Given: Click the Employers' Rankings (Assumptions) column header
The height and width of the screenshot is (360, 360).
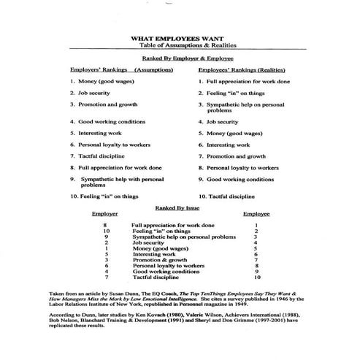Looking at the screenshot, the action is coord(120,70).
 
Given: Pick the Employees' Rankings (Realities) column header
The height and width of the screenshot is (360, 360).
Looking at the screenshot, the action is coord(244,70).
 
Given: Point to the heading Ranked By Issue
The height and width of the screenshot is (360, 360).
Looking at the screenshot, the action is coord(170,208).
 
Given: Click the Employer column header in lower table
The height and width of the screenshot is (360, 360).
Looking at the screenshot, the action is coord(106,215).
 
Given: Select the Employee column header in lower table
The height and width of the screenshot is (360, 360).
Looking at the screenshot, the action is coord(256,215).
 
